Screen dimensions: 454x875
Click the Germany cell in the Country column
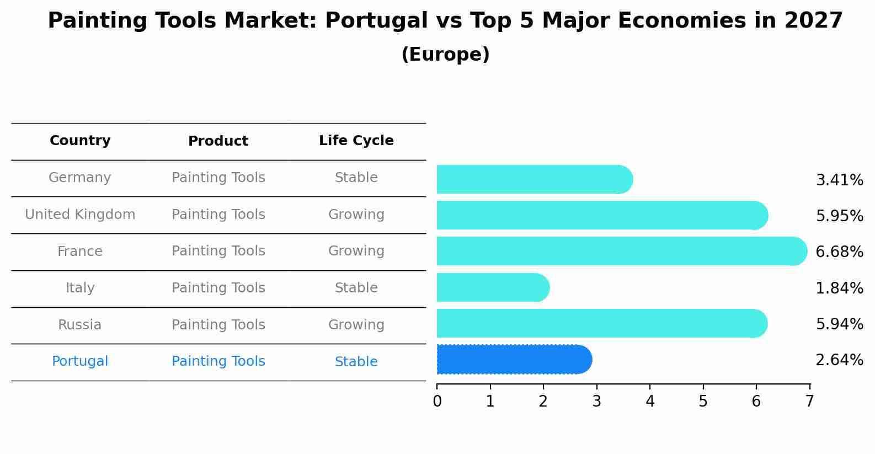pyautogui.click(x=80, y=178)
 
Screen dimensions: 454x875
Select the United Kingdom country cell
pyautogui.click(x=80, y=215)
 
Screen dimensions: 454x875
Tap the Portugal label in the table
pyautogui.click(x=80, y=361)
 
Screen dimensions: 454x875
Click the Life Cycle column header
pyautogui.click(x=356, y=141)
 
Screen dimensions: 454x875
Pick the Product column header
pyautogui.click(x=218, y=141)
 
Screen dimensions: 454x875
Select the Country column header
pyautogui.click(x=80, y=141)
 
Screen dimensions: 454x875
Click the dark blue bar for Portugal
pyautogui.click(x=513, y=360)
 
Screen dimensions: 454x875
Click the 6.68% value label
pyautogui.click(x=839, y=252)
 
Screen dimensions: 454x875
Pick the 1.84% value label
pyautogui.click(x=839, y=288)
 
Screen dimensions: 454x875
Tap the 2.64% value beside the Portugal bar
pyautogui.click(x=839, y=360)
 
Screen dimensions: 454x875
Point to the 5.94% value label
pyautogui.click(x=839, y=324)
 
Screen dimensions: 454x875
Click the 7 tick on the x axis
pyautogui.click(x=809, y=402)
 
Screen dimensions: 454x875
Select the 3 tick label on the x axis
pyautogui.click(x=596, y=402)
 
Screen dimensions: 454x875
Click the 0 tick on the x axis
pyautogui.click(x=437, y=402)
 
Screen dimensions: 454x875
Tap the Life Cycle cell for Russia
pyautogui.click(x=356, y=325)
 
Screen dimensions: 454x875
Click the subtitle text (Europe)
pyautogui.click(x=445, y=55)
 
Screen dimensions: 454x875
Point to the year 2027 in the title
pyautogui.click(x=813, y=21)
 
